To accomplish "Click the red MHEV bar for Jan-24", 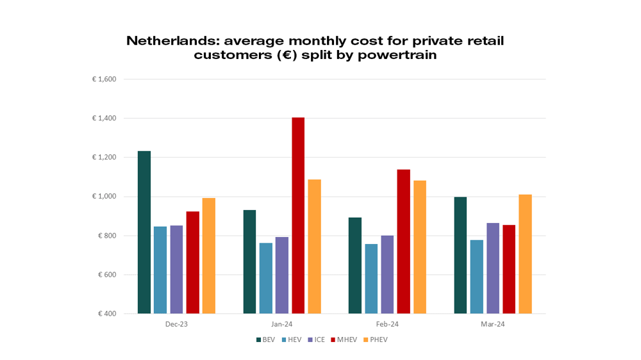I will point(298,216).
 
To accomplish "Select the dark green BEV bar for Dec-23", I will point(144,233).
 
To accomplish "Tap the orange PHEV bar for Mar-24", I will point(525,254).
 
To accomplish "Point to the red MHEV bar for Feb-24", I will point(403,241).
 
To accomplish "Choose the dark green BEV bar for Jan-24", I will point(249,262).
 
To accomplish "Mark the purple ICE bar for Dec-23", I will point(176,270).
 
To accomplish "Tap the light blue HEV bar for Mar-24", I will point(476,277).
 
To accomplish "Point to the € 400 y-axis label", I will point(106,314).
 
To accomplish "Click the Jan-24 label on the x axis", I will point(282,325).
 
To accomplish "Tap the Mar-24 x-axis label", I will point(493,325).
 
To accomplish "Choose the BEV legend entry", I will point(265,340).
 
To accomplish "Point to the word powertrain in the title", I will point(397,55).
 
